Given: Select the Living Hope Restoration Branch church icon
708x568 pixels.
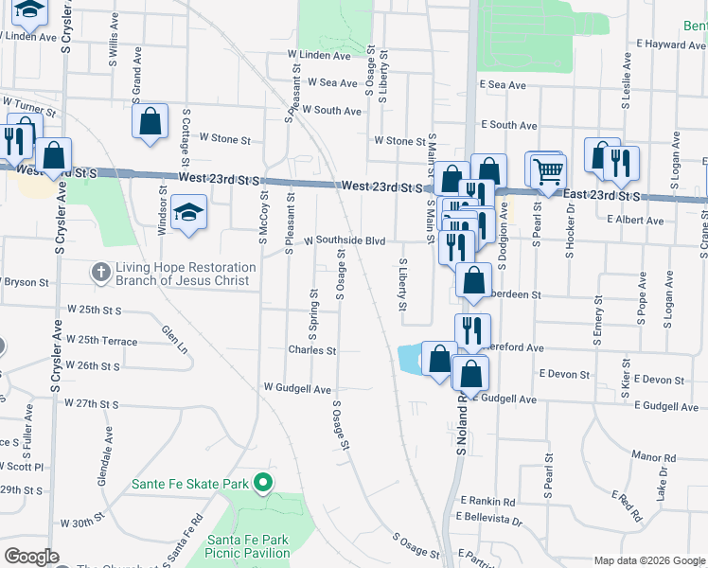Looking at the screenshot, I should click(101, 273).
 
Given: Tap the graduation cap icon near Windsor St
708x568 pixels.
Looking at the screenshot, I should click(189, 213).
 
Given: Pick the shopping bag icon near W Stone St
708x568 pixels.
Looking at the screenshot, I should click(150, 121).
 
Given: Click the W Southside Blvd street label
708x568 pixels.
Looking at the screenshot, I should click(345, 241).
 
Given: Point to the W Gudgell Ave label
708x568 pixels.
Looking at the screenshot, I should click(297, 388).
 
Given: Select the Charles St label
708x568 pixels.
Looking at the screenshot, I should click(312, 350).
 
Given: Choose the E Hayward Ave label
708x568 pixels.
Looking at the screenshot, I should click(672, 44).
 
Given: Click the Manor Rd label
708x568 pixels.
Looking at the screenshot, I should click(655, 457).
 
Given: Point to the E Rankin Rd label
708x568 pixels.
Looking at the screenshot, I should click(488, 501).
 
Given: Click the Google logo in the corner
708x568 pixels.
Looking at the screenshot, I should click(31, 557).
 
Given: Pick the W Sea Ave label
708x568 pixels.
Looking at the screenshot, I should click(333, 83).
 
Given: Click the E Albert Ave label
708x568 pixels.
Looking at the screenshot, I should click(637, 220).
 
